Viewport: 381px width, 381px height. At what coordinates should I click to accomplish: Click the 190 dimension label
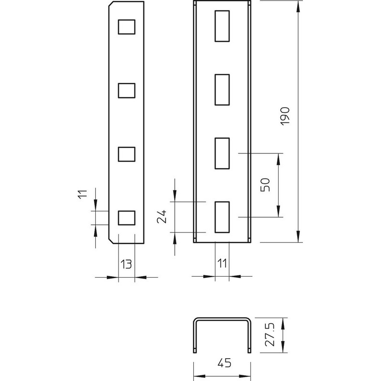click(x=285, y=116)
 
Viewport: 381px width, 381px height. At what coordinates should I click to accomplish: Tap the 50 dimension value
click(x=265, y=185)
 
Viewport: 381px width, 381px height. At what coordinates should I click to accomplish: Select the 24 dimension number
click(x=161, y=216)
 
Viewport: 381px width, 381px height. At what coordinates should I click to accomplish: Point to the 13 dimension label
click(x=126, y=264)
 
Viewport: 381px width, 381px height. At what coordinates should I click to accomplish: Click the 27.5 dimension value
click(x=270, y=334)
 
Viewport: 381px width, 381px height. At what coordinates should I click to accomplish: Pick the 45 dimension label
click(x=224, y=363)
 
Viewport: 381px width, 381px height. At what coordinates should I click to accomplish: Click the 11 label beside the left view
click(x=82, y=194)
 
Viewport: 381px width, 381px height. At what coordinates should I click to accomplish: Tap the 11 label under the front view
click(x=222, y=263)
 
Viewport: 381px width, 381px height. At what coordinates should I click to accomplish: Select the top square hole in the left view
click(x=127, y=27)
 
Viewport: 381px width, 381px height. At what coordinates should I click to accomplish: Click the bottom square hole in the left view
click(x=127, y=218)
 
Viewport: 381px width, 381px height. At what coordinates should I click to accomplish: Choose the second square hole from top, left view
click(x=127, y=90)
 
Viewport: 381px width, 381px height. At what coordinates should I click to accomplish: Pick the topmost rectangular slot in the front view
click(x=222, y=26)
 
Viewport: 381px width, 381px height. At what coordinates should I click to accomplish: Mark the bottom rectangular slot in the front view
click(x=222, y=217)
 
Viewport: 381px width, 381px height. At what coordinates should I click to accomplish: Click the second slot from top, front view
click(x=222, y=90)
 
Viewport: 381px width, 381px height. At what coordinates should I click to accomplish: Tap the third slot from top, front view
click(x=222, y=153)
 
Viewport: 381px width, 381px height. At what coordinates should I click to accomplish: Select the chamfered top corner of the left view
click(x=111, y=4)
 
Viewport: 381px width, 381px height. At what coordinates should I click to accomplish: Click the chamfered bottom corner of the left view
click(x=111, y=241)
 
